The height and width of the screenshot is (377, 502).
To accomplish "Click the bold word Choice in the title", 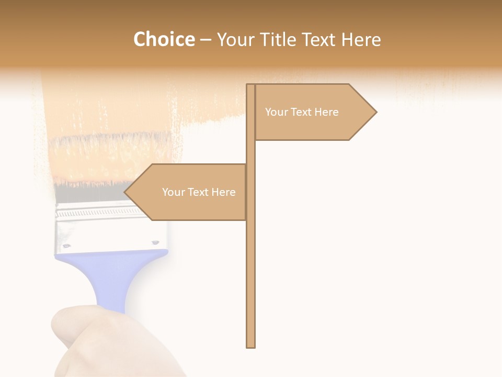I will pyautogui.click(x=164, y=39).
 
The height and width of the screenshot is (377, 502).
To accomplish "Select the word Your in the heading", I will pyautogui.click(x=235, y=39).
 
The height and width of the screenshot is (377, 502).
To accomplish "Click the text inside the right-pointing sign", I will pyautogui.click(x=302, y=112).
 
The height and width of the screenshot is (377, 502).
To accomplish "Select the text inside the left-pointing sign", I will pyautogui.click(x=199, y=192).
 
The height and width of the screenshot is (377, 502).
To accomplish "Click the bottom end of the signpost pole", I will pyautogui.click(x=251, y=346).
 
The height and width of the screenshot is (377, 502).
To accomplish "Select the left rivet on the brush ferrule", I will pyautogui.click(x=66, y=245).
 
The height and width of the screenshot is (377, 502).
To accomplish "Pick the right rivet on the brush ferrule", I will pyautogui.click(x=155, y=242).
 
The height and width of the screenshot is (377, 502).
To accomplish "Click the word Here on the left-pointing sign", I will pyautogui.click(x=223, y=192).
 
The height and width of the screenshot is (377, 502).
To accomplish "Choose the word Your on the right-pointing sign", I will pyautogui.click(x=276, y=112).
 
